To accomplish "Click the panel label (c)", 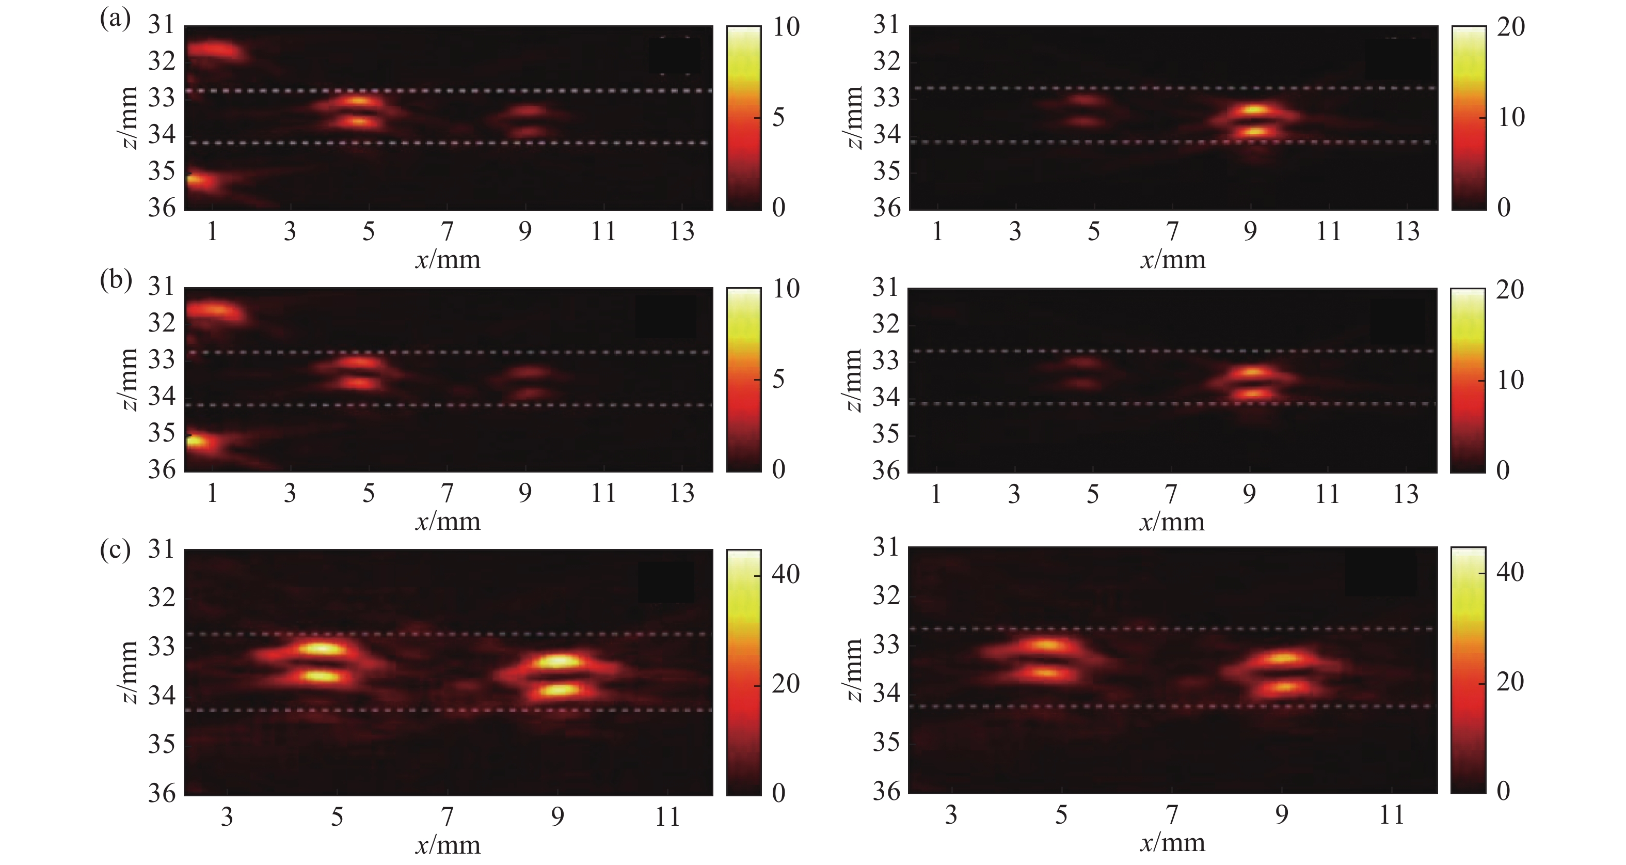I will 115,551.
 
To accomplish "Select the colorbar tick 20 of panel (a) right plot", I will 1510,27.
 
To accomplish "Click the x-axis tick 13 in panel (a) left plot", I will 682,232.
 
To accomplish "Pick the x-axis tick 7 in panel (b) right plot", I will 1171,494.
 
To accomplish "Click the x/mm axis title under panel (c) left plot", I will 448,844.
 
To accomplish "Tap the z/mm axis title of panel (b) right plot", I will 853,380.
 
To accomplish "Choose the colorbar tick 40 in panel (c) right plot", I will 1509,572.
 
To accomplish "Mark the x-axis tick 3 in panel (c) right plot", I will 951,815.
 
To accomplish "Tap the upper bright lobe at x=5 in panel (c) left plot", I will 322,649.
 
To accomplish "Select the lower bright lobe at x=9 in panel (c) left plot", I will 558,689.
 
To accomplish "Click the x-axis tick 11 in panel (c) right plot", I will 1391,815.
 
